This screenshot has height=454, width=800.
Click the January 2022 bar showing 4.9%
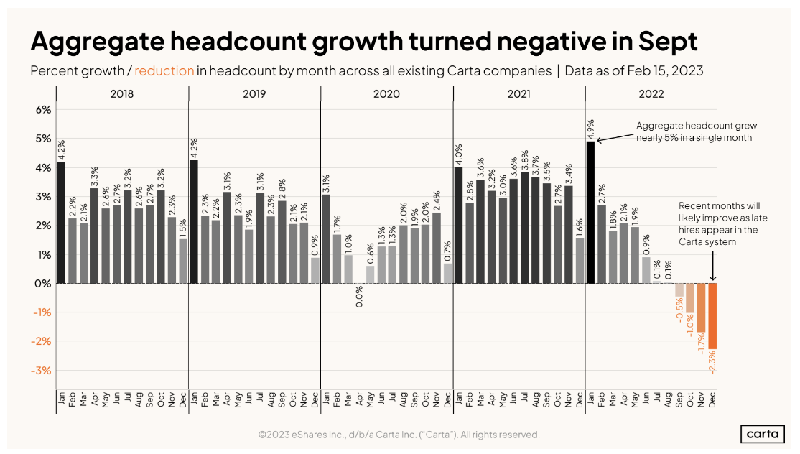click(591, 212)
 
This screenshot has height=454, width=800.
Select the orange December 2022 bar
click(712, 316)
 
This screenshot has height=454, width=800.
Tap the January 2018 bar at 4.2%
click(61, 223)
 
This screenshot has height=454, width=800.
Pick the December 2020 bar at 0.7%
click(448, 273)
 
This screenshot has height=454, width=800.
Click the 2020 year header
click(387, 94)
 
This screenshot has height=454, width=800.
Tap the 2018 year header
click(123, 94)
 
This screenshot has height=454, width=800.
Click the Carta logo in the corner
click(762, 435)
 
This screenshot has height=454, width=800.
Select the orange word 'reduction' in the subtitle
click(164, 71)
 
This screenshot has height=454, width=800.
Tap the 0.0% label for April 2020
click(358, 297)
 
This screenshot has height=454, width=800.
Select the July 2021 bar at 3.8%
click(525, 228)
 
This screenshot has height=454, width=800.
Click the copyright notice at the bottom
click(399, 435)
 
